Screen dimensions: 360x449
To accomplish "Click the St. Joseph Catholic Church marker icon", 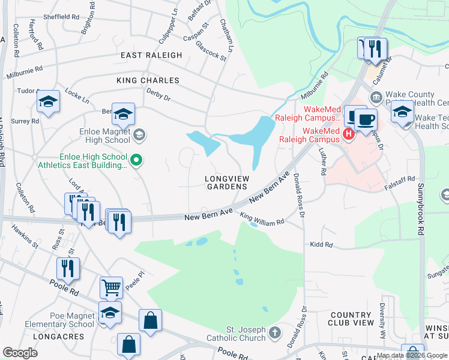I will click(274, 332).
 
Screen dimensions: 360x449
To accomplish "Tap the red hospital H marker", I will click(348, 133).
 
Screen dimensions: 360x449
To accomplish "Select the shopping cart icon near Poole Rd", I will click(111, 287).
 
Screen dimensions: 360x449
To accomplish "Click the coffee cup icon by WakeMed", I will click(366, 118).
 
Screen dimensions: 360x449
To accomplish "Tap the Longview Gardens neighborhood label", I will click(226, 182).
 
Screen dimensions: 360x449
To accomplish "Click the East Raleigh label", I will click(151, 55).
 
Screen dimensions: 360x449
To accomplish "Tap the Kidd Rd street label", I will click(321, 244).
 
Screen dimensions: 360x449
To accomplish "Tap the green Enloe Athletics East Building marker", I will click(136, 160).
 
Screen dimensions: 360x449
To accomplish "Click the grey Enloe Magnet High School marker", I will click(139, 134).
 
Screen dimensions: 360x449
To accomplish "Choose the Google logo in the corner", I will click(20, 353).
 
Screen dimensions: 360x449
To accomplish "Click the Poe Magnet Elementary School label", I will click(59, 320).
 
